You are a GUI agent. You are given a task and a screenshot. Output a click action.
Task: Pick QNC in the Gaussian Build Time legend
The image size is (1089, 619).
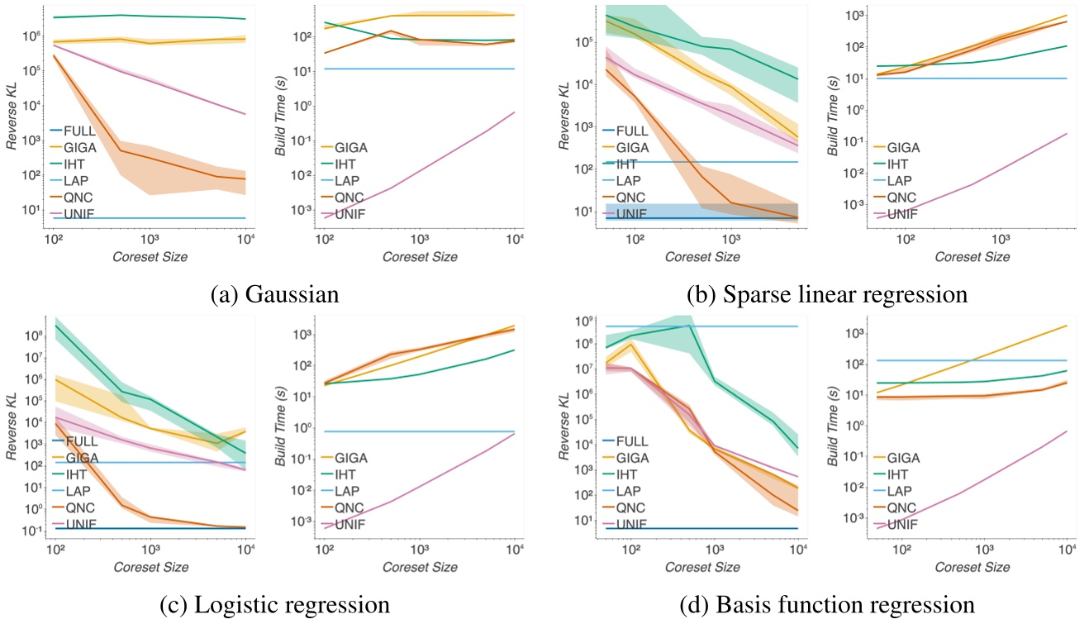coord(350,198)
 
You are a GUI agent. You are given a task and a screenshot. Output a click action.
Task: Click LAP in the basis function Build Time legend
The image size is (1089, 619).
coord(901,491)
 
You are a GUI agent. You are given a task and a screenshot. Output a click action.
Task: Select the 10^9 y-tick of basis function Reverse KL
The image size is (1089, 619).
coord(581,320)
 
